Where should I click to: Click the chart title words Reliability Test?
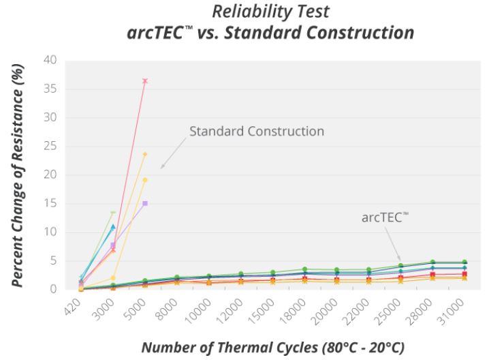(270, 12)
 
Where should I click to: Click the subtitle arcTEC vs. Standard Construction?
(270, 33)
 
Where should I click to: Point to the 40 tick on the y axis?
(51, 60)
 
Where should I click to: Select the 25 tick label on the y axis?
(51, 146)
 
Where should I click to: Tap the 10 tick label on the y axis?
(51, 232)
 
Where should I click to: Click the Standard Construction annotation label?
(257, 130)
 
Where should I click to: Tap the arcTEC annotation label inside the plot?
(386, 217)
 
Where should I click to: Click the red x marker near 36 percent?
(145, 81)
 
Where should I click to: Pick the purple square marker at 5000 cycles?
(145, 203)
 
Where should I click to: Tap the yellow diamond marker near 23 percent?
(145, 154)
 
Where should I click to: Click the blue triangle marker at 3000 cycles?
(113, 226)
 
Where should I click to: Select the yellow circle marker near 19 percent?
(145, 180)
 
